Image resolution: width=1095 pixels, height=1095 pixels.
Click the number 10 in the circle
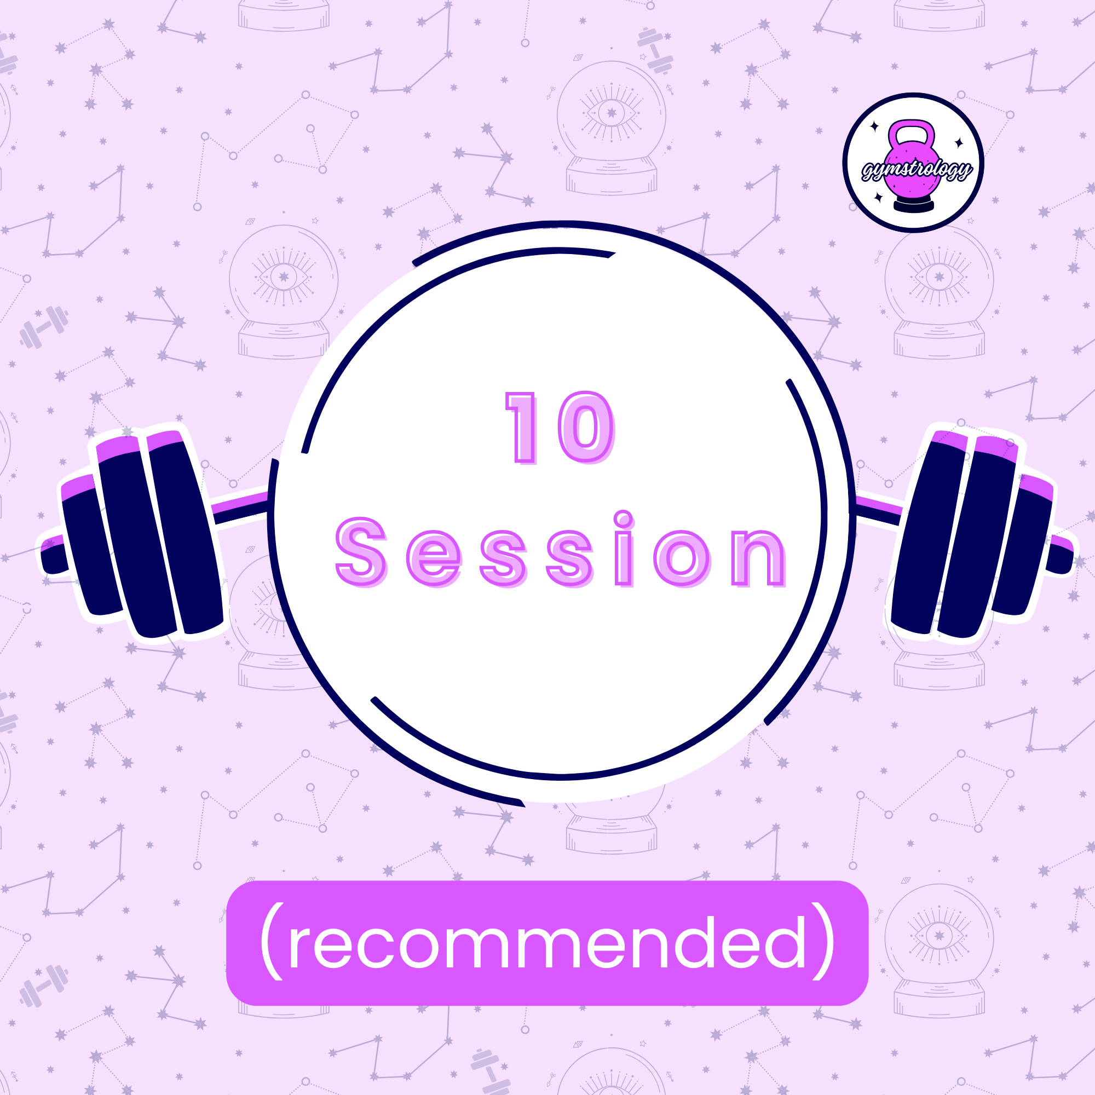(560, 428)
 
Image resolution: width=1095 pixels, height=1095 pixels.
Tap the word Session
(561, 549)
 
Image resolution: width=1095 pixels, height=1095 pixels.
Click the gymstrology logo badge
(913, 163)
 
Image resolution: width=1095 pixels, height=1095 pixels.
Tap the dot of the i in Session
(624, 518)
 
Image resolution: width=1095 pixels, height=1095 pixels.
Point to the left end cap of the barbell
(53, 555)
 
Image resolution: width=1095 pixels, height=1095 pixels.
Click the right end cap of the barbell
(1060, 555)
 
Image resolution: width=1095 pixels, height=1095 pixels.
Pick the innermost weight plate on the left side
(185, 533)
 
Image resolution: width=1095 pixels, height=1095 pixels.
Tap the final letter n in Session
(758, 558)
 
